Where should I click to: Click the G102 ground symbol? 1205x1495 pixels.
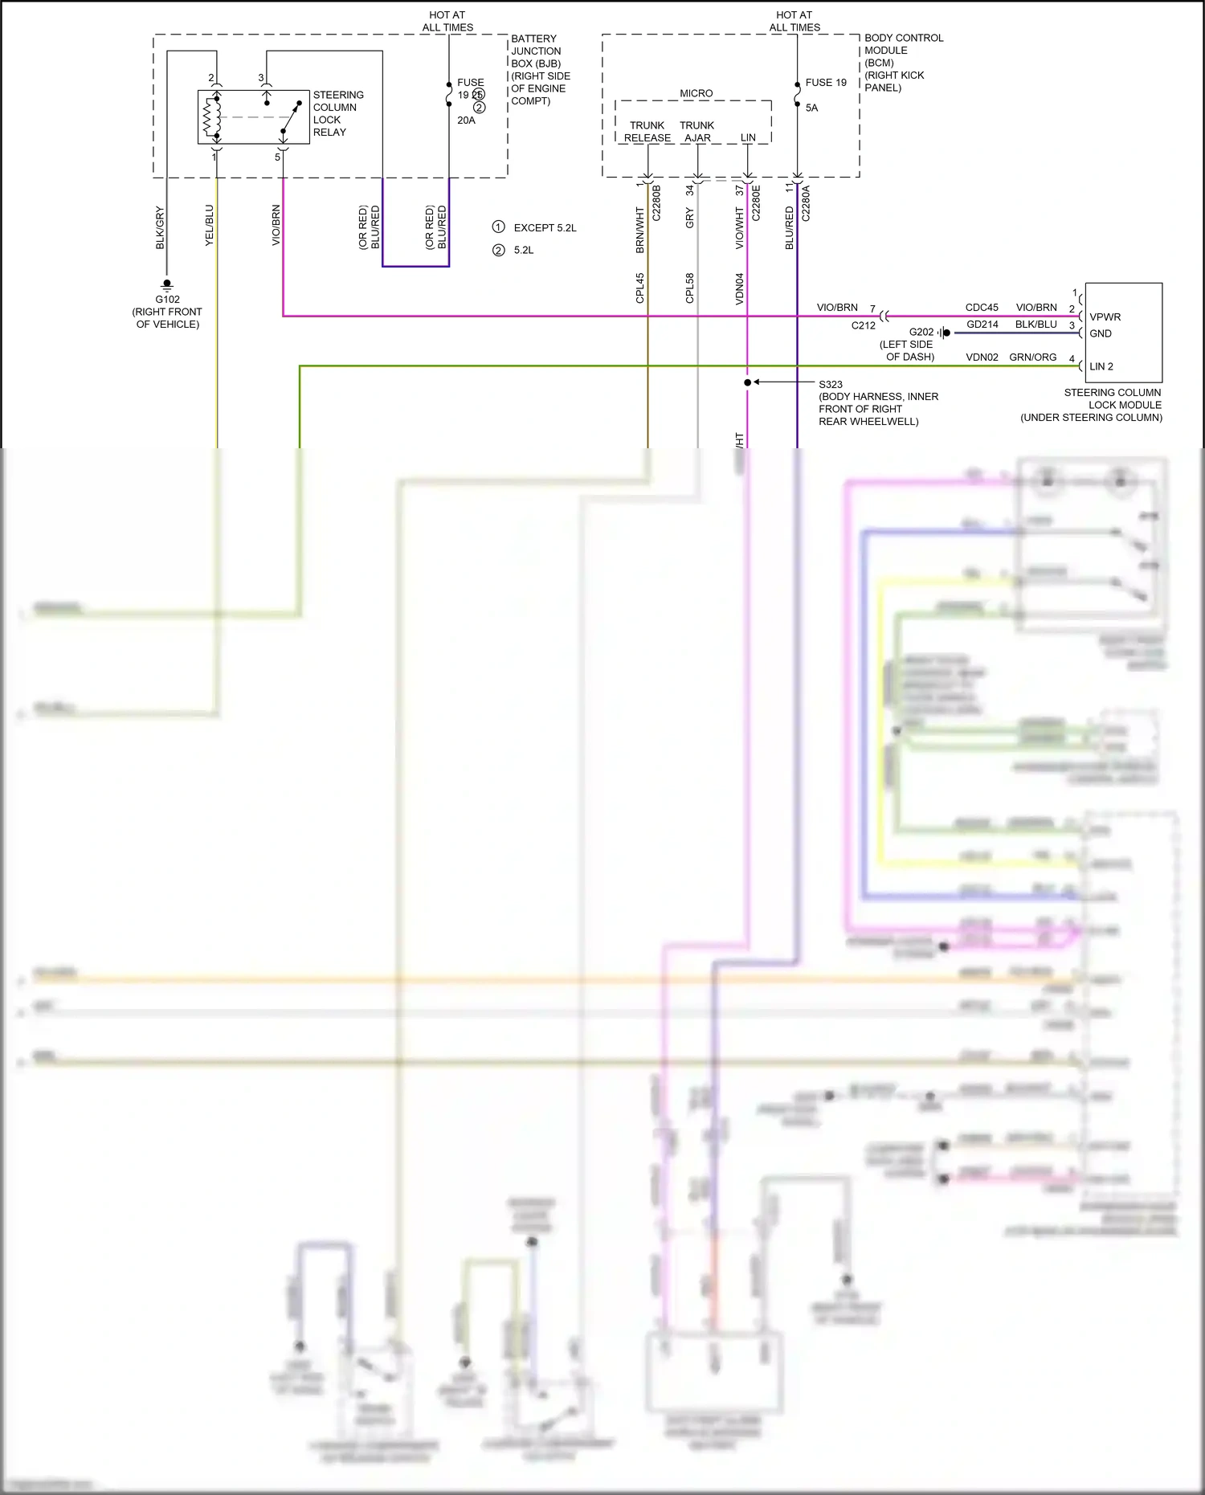point(167,284)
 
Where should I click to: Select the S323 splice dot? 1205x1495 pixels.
point(747,382)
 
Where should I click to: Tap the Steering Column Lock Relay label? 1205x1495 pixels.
point(337,113)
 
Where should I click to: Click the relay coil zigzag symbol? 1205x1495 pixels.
point(210,117)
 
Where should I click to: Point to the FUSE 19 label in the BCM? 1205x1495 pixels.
point(826,83)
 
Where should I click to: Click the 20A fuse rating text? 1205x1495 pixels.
point(466,120)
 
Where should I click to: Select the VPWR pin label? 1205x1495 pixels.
point(1105,317)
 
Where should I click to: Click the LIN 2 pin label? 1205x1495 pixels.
point(1101,366)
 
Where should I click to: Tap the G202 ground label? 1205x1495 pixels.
point(921,332)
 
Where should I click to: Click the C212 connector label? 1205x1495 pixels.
point(863,325)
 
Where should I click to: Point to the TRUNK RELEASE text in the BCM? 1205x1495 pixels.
point(647,132)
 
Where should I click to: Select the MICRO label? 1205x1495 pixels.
point(696,94)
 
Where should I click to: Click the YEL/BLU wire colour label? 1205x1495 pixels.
point(210,225)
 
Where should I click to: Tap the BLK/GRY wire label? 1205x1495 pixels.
point(160,227)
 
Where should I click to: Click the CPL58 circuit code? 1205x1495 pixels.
point(689,288)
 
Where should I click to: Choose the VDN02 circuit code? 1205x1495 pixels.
point(982,357)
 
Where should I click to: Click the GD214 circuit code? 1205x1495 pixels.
point(982,325)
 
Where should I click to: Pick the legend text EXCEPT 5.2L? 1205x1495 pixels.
point(545,228)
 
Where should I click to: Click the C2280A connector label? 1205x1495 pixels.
point(806,203)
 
